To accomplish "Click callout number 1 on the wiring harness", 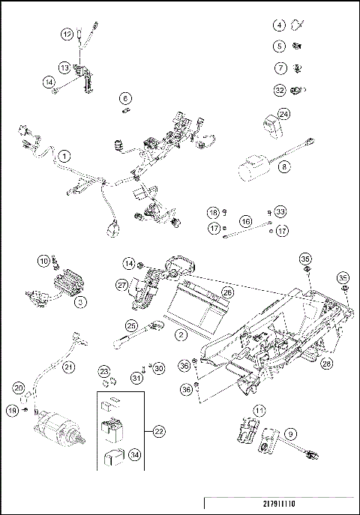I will (x=64, y=156).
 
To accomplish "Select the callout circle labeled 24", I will (x=284, y=114).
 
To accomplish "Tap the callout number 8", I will (x=284, y=168).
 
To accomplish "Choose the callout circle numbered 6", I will (x=125, y=97).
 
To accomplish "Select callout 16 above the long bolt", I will (x=245, y=221).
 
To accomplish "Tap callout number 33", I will (x=280, y=212).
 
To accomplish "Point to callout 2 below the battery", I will (x=181, y=335).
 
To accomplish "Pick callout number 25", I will (x=132, y=326).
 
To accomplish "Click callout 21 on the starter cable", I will (x=68, y=367).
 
